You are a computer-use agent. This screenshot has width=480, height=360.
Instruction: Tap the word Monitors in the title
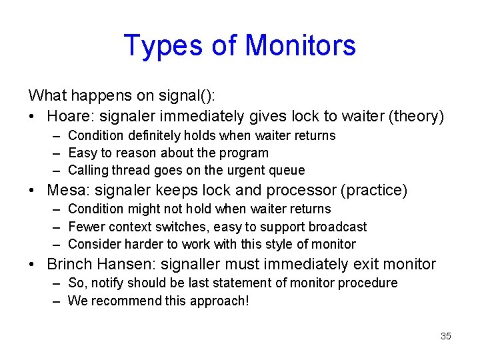[301, 45]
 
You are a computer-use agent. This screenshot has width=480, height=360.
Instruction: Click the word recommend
[120, 301]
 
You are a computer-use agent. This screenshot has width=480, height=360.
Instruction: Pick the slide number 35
[446, 336]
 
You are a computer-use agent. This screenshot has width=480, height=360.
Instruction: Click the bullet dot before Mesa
[33, 191]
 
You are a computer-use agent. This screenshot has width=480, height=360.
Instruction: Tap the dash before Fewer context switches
[59, 227]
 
